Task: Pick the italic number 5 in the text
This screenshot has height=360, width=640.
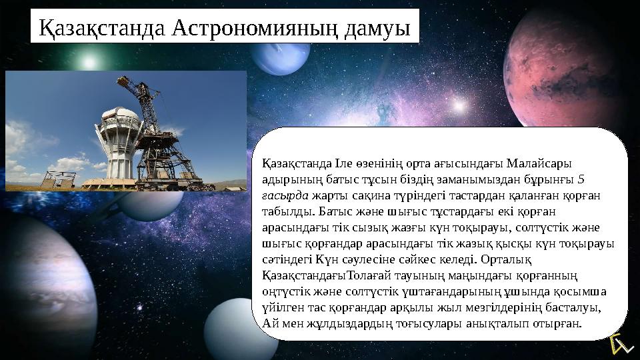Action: point(581,179)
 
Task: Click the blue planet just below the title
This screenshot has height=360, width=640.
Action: point(289,57)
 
